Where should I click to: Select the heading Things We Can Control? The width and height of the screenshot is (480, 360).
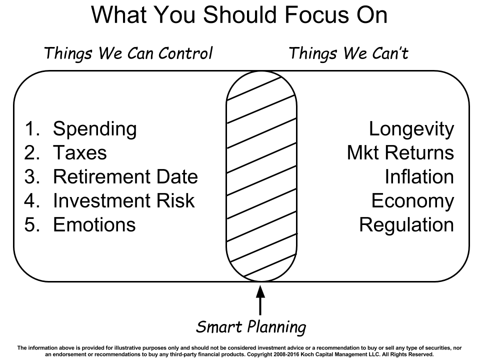tap(128, 53)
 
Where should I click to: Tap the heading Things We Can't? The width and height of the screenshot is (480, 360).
tap(348, 53)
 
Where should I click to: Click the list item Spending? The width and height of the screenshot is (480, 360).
tap(95, 129)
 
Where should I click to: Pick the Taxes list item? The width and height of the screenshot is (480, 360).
tap(80, 152)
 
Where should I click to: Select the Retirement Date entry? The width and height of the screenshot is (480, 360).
tap(125, 176)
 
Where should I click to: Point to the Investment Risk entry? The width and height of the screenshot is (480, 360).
tap(124, 200)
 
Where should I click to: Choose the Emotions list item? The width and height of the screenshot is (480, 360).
tap(94, 224)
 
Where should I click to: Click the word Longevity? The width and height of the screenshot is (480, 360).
tap(411, 129)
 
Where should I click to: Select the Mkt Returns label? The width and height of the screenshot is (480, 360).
tap(400, 152)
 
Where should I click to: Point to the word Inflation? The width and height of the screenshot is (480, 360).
tap(419, 176)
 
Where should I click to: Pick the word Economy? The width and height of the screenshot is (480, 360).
tap(412, 201)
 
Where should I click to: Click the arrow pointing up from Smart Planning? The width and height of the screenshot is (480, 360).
tap(260, 300)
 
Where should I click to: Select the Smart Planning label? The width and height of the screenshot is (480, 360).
tap(251, 327)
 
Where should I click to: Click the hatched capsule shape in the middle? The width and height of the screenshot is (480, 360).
tap(261, 176)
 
